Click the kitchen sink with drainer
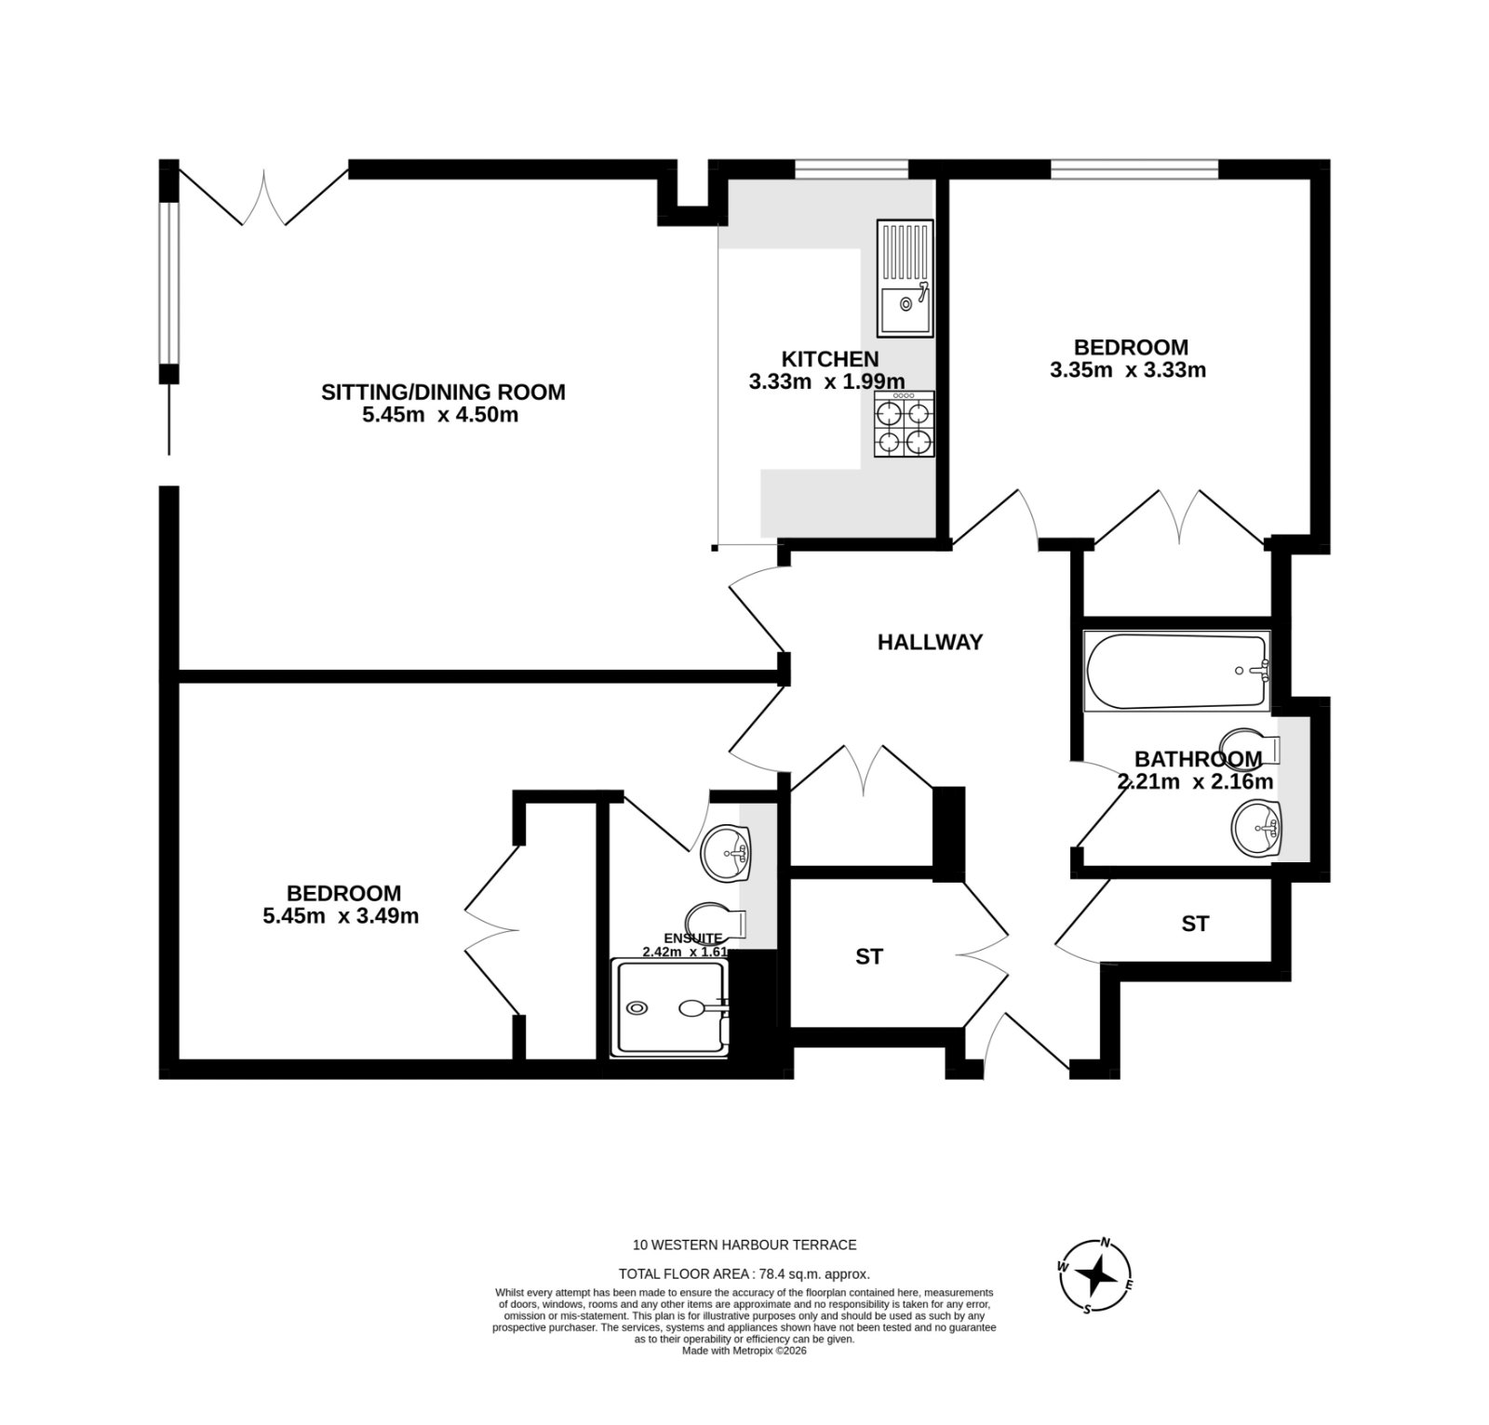[904, 278]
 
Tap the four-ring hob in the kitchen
[904, 424]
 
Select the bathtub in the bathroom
[1177, 671]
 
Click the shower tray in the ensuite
[669, 1007]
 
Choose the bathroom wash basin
[1256, 828]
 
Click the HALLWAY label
[930, 642]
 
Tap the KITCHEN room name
[829, 359]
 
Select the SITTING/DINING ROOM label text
[443, 392]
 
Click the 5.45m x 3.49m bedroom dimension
[341, 916]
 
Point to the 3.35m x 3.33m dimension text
[1128, 370]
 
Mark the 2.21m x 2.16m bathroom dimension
[1195, 781]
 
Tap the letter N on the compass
[1107, 1242]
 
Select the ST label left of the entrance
[869, 956]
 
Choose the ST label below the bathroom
[1195, 924]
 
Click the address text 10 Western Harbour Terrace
[744, 1245]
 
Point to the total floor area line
[744, 1274]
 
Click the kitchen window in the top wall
[851, 168]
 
